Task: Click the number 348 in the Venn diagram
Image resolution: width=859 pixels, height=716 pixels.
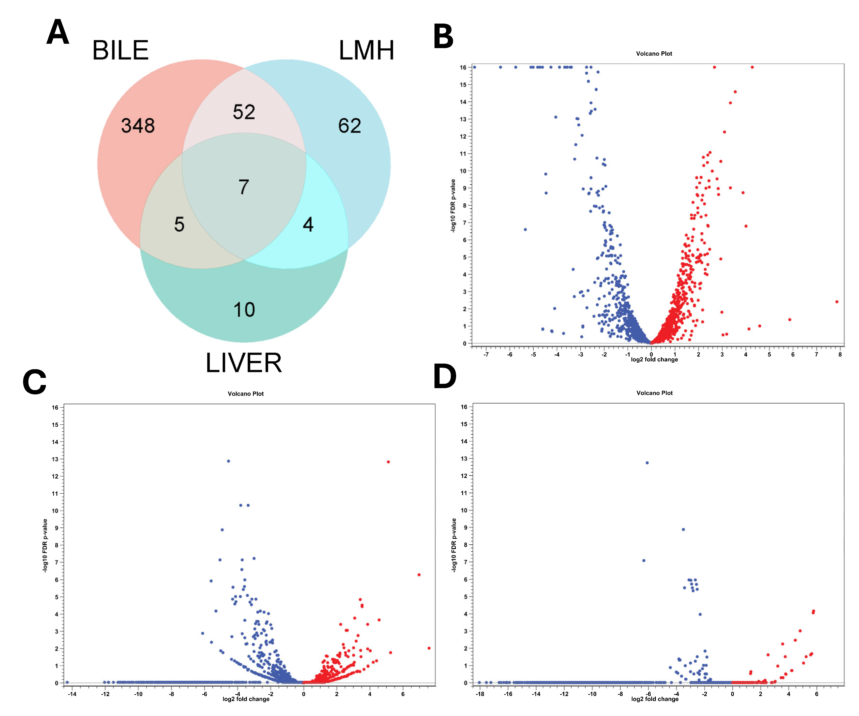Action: point(138,126)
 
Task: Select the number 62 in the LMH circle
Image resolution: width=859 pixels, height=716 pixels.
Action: point(349,126)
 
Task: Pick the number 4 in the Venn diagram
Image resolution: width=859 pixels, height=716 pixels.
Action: point(308,225)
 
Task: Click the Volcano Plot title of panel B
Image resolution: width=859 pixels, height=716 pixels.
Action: point(654,54)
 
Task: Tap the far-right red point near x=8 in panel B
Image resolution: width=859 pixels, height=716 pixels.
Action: point(837,302)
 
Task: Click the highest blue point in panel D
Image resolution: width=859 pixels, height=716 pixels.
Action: point(647,463)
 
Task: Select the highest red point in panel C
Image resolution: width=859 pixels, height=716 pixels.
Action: point(388,462)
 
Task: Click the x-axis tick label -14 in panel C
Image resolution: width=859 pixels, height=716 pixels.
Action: point(72,694)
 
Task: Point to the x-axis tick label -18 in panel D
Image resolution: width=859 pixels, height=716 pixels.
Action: point(480,694)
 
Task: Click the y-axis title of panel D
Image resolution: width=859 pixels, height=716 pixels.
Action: point(454,545)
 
